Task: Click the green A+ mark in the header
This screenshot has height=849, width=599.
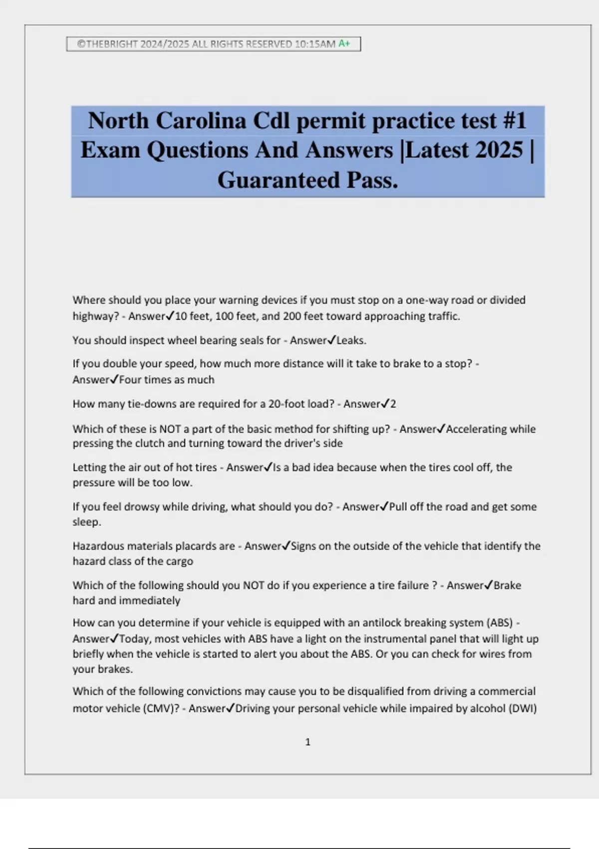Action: tap(344, 44)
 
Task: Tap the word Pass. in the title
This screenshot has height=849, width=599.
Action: tap(372, 180)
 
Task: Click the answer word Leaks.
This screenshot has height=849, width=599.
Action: tap(351, 341)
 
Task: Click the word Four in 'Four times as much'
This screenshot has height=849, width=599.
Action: tap(130, 380)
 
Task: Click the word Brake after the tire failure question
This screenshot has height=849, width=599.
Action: tap(507, 585)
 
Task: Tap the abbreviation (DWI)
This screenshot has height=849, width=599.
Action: tap(522, 709)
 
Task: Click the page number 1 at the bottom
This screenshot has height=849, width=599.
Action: tap(307, 742)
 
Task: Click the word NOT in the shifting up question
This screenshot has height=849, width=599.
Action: tap(170, 429)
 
